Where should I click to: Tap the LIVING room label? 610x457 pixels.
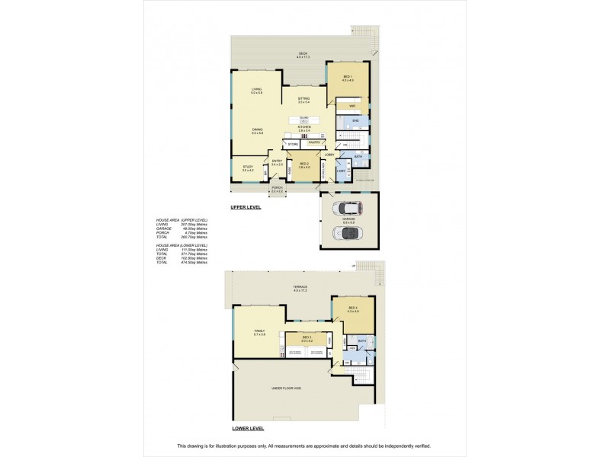[257, 91]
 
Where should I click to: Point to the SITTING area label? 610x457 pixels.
[303, 99]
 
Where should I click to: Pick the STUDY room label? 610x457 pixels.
[247, 168]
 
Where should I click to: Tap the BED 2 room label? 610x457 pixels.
[303, 165]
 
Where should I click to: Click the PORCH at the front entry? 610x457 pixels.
[276, 189]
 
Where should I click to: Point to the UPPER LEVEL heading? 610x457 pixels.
[246, 207]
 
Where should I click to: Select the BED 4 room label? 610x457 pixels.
[352, 308]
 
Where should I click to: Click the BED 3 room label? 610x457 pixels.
[307, 339]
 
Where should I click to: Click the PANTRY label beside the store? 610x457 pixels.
[313, 142]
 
